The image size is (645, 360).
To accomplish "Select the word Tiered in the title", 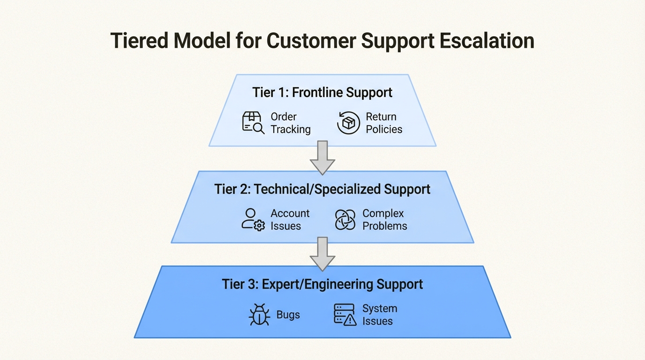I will [x=139, y=41].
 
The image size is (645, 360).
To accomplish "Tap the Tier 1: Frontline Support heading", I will [x=322, y=92].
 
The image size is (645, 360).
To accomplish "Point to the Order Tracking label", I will [x=290, y=123].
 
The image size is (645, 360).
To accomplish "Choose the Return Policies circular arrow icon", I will [x=349, y=123].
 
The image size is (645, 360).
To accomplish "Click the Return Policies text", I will [x=383, y=123].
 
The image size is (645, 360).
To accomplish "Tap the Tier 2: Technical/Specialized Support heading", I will [x=322, y=189].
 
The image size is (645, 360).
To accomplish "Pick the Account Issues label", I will [x=290, y=219].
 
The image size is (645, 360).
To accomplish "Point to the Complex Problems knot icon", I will [x=345, y=219].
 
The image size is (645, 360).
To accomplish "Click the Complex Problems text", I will [x=384, y=219].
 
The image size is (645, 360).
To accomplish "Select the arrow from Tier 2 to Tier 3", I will [x=322, y=254].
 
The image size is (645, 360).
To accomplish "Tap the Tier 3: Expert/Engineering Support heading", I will [x=322, y=284].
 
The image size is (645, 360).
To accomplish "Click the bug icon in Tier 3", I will [x=259, y=315].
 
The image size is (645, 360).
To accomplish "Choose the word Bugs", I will [x=288, y=315].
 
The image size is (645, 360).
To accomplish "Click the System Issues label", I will [x=379, y=315].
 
